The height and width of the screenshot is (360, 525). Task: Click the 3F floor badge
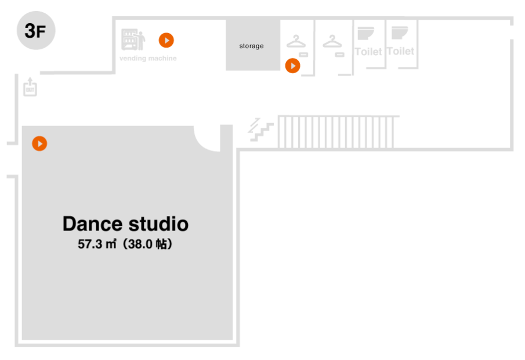point(36,31)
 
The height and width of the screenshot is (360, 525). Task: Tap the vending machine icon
point(133,39)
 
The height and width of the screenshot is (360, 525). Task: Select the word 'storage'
point(252,46)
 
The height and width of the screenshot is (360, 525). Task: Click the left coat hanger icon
point(296,41)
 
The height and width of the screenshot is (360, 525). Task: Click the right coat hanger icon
point(332,41)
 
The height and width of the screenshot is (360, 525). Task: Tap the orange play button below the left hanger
point(292,66)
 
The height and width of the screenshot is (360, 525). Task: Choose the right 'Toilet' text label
point(401,51)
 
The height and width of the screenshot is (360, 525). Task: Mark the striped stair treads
point(336,132)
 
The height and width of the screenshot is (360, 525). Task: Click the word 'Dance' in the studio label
point(92,224)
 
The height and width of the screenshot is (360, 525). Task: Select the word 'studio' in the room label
point(158,224)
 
